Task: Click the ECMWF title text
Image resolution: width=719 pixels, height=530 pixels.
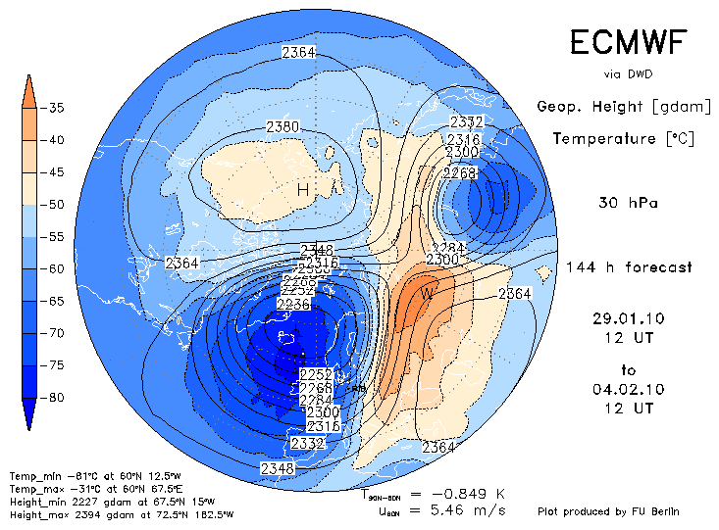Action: (x=628, y=43)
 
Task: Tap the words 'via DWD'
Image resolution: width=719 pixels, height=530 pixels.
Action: (x=628, y=74)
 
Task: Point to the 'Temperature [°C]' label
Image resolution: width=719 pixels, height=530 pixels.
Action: (x=623, y=139)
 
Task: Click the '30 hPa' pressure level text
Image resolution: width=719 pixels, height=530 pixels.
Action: (x=628, y=204)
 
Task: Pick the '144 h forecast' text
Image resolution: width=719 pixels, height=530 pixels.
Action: (x=629, y=266)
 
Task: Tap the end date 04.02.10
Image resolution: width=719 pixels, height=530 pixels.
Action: (x=629, y=389)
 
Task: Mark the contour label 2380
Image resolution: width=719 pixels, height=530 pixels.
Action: (x=282, y=127)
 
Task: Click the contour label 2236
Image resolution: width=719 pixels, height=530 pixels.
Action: (x=292, y=305)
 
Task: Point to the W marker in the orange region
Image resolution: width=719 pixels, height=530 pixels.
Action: (x=427, y=292)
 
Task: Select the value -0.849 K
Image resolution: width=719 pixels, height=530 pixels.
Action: (x=476, y=494)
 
